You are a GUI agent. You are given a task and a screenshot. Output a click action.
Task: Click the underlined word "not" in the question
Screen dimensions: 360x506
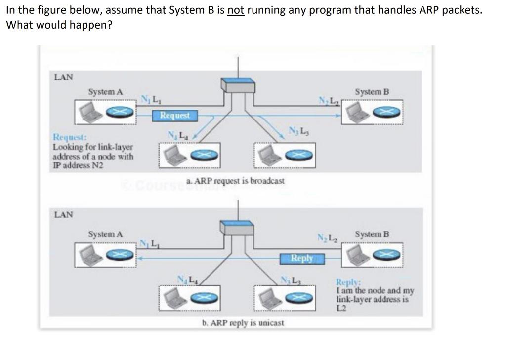click(236, 10)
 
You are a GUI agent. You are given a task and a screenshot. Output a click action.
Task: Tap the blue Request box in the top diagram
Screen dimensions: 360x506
click(174, 115)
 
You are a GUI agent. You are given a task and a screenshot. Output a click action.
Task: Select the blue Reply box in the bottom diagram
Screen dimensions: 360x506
click(301, 258)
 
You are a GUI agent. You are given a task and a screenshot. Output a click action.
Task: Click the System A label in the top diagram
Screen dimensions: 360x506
click(105, 92)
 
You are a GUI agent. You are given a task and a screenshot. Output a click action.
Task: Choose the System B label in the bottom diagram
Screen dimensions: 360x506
click(372, 234)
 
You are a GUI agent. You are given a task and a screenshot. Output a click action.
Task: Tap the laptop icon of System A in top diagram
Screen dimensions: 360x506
click(92, 113)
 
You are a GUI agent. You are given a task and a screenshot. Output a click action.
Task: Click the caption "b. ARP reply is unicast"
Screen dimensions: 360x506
click(243, 323)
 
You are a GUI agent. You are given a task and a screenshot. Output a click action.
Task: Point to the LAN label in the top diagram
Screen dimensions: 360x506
click(63, 77)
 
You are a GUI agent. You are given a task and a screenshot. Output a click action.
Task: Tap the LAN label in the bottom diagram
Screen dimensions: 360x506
click(63, 215)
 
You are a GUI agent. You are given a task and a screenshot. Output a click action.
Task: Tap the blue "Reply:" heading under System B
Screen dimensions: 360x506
click(348, 282)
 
